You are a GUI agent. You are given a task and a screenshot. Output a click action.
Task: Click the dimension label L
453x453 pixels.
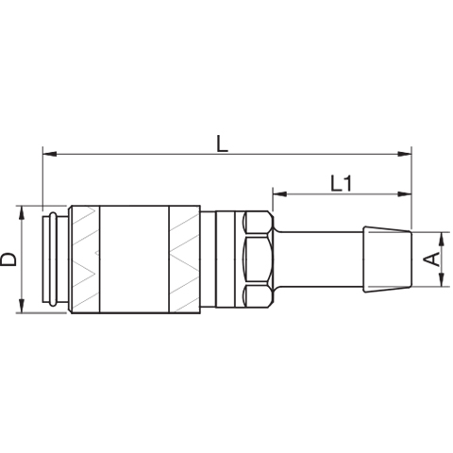223,143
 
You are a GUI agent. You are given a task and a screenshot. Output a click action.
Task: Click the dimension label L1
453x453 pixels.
342,184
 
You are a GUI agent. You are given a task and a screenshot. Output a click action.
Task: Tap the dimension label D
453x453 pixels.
8,260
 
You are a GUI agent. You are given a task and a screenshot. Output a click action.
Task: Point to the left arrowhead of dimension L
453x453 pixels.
49,154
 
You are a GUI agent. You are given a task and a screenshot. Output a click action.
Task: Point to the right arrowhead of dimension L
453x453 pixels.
404,154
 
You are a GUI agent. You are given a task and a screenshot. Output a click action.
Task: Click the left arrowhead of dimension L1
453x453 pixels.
280,194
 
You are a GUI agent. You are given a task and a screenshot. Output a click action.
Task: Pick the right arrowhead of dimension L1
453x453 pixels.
404,194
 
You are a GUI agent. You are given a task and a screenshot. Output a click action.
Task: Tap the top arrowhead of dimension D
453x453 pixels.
22,213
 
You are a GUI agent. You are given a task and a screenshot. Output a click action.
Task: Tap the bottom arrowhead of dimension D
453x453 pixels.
22,306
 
